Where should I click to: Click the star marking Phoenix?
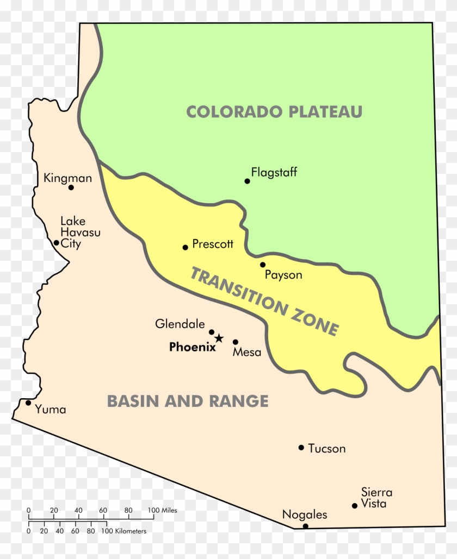coord(219,338)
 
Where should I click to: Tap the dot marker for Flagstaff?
coord(247,181)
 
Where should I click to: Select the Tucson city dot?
coord(301,448)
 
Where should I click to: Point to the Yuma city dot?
coord(28,403)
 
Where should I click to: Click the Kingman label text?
coord(67,178)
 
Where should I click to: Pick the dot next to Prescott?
coord(185,247)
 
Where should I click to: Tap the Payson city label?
coord(283,275)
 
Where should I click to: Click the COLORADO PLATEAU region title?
coord(274,112)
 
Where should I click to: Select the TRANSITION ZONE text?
coord(264,301)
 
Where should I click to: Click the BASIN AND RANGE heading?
coord(188,401)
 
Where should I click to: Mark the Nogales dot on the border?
coord(305,526)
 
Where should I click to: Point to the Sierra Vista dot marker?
coord(355,506)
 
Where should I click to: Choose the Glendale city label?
coord(180,324)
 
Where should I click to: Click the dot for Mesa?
coord(236,342)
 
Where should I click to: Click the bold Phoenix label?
coord(192,347)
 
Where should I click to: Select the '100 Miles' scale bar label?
coord(162,511)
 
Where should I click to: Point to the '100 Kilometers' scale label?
coord(126,531)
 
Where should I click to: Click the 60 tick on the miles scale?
coord(103,511)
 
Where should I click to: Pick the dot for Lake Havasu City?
coord(56,243)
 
